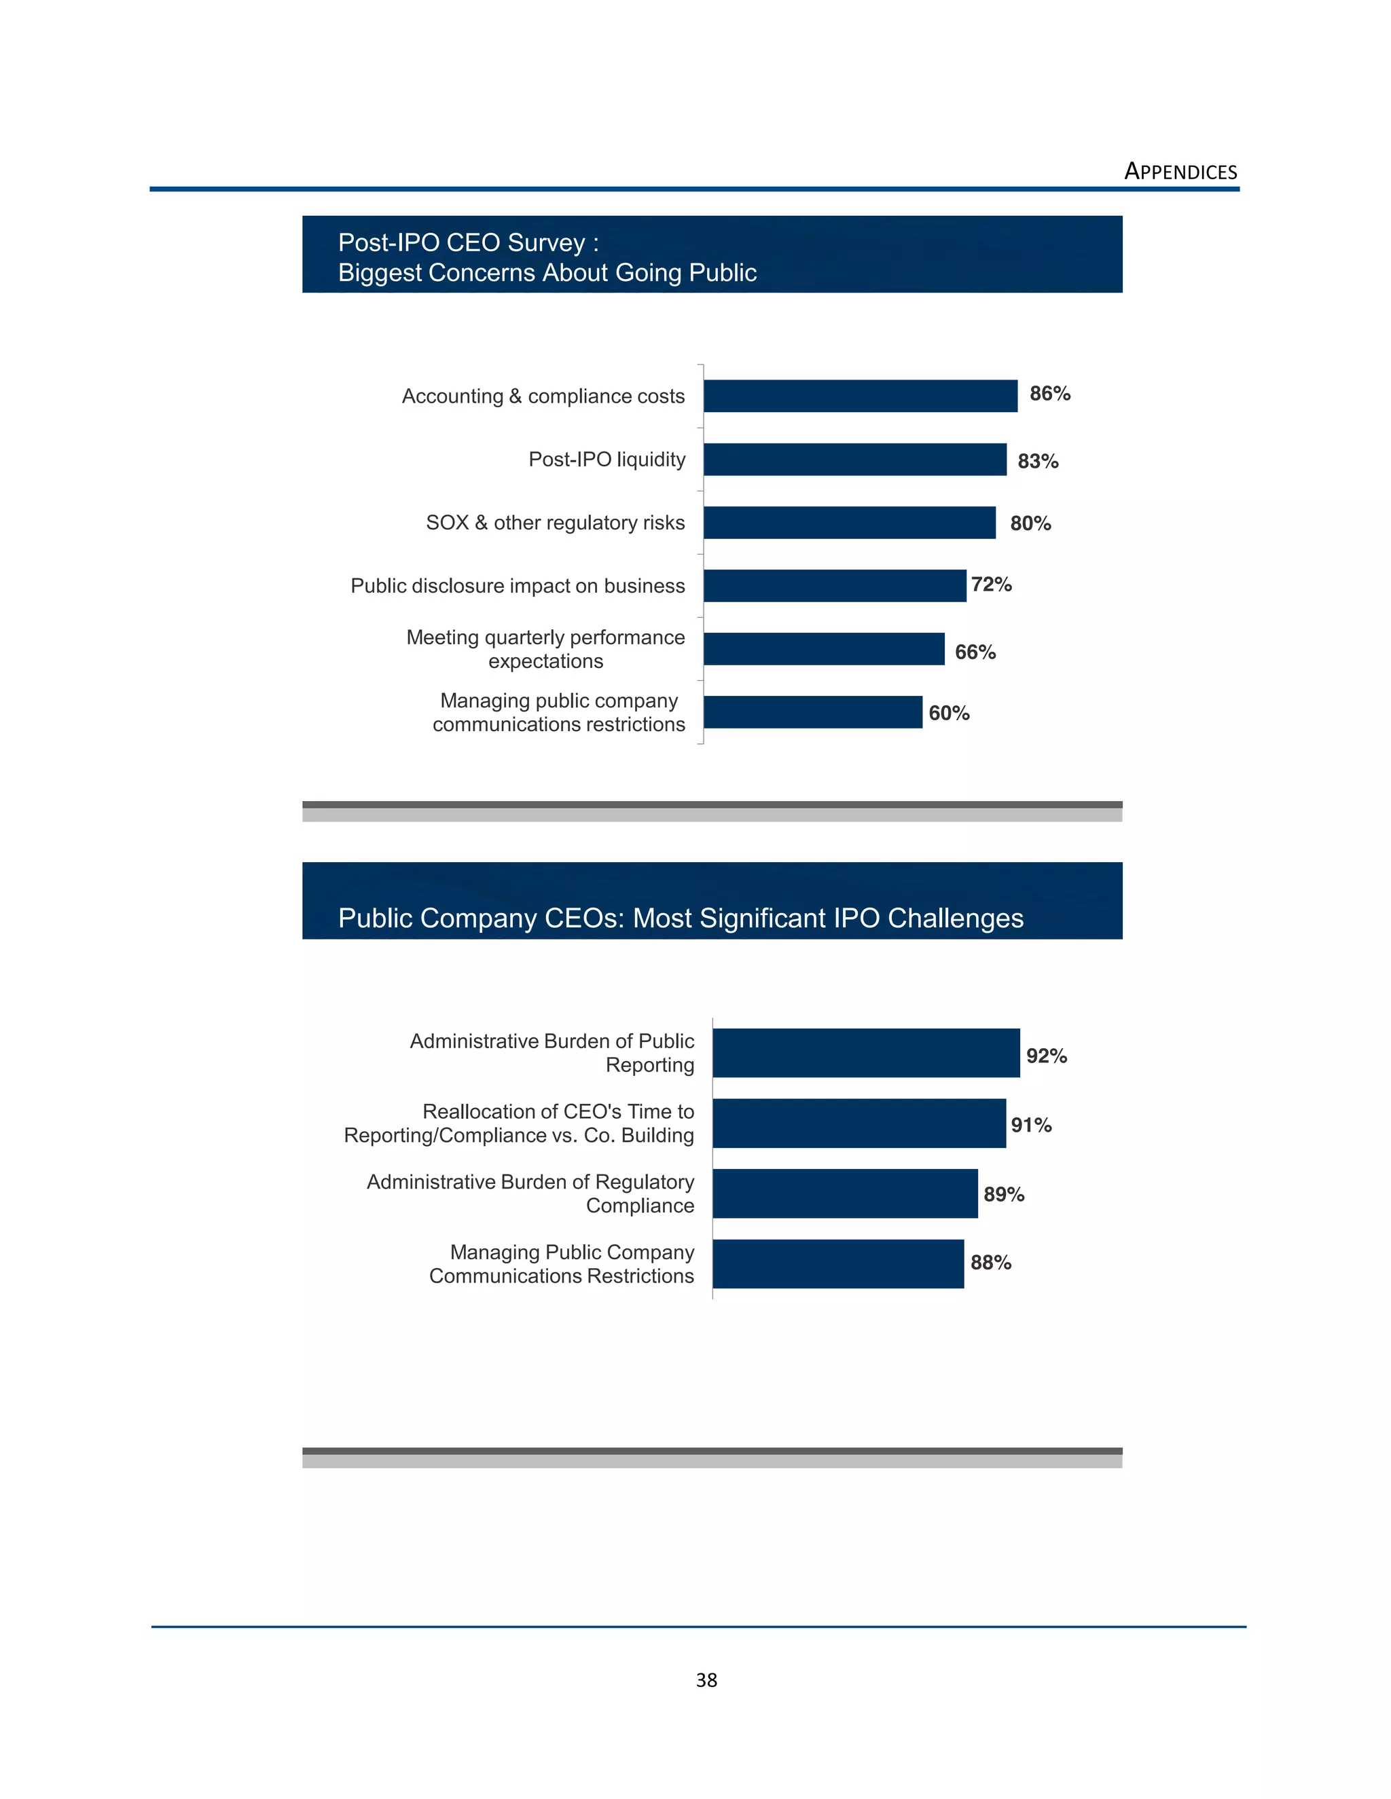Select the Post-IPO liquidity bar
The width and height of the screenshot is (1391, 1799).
tap(854, 459)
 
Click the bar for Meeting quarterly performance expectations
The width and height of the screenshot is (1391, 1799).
tap(823, 648)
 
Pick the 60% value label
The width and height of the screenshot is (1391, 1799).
tap(948, 713)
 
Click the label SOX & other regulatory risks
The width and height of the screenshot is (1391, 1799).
tap(555, 522)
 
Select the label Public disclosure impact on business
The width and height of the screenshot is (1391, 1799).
tap(518, 586)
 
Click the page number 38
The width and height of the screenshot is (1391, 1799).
tap(706, 1680)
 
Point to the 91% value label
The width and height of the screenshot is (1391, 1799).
tap(1031, 1124)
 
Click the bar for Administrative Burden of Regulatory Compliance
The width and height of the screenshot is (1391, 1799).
tap(845, 1193)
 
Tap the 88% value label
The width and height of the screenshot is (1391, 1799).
tap(990, 1262)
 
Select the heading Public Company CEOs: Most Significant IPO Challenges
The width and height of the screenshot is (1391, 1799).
tap(680, 918)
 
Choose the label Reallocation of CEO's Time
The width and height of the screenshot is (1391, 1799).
tap(558, 1111)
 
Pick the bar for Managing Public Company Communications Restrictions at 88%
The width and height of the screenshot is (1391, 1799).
tap(837, 1263)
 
